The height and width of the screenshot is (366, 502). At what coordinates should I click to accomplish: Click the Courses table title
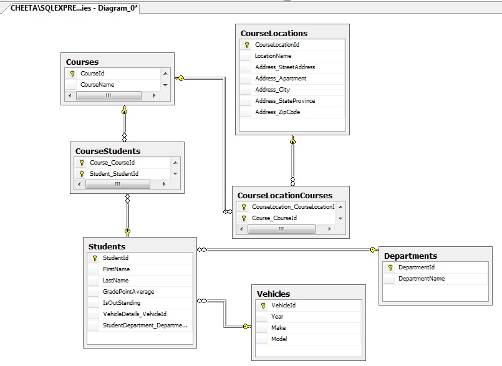tap(82, 62)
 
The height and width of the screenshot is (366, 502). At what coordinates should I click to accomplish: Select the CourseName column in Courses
tap(97, 85)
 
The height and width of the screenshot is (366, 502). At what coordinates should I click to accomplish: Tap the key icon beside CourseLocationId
tap(247, 45)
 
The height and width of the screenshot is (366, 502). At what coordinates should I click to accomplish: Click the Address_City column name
tap(273, 90)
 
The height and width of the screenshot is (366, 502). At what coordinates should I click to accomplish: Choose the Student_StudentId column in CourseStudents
tap(114, 173)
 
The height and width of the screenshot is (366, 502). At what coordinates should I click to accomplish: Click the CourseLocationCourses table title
tap(285, 195)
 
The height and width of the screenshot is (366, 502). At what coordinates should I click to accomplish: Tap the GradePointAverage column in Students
tap(128, 292)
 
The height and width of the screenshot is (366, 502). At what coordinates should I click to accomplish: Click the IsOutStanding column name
tap(122, 303)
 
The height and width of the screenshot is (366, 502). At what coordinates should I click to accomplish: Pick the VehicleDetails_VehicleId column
tap(135, 314)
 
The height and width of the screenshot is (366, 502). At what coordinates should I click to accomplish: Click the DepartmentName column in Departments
tap(422, 279)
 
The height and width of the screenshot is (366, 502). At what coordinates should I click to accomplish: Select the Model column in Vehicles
tap(279, 339)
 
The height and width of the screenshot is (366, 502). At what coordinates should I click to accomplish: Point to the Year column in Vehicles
tap(278, 316)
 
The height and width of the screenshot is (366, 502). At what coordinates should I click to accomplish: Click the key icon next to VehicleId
tap(263, 306)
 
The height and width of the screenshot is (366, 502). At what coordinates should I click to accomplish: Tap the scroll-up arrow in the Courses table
tap(165, 74)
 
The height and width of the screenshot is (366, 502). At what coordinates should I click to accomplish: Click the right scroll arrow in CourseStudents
tap(164, 184)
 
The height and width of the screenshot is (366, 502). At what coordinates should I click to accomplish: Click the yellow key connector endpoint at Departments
tap(374, 250)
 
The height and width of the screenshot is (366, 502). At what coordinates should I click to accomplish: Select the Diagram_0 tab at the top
tap(74, 8)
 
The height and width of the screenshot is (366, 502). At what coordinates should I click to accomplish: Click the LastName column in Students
tap(115, 281)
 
